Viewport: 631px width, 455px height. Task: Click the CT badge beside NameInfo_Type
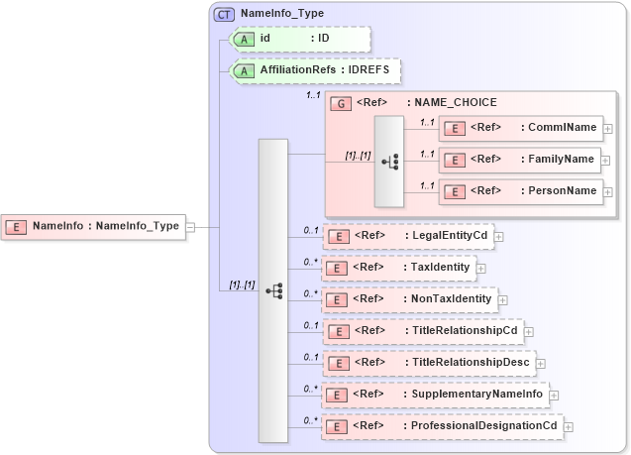[225, 14]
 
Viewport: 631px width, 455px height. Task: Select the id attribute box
[300, 39]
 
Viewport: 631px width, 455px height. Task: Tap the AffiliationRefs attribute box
[315, 70]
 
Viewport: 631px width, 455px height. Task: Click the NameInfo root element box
[96, 226]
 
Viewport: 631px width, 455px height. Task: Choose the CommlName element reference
[520, 127]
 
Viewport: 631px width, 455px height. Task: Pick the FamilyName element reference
[520, 159]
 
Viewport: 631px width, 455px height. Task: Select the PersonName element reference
[520, 190]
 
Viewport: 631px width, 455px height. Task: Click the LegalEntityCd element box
[408, 236]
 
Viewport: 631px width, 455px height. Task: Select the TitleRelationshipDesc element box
[428, 362]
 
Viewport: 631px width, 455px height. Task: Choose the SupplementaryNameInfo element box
[435, 394]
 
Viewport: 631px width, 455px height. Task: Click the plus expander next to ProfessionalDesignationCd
[568, 426]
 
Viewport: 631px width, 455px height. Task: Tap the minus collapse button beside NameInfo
[190, 227]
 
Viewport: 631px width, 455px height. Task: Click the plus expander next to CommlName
[607, 128]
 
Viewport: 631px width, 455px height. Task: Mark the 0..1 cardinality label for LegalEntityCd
[311, 230]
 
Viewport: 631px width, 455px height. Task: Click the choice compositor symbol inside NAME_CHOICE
[387, 162]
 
